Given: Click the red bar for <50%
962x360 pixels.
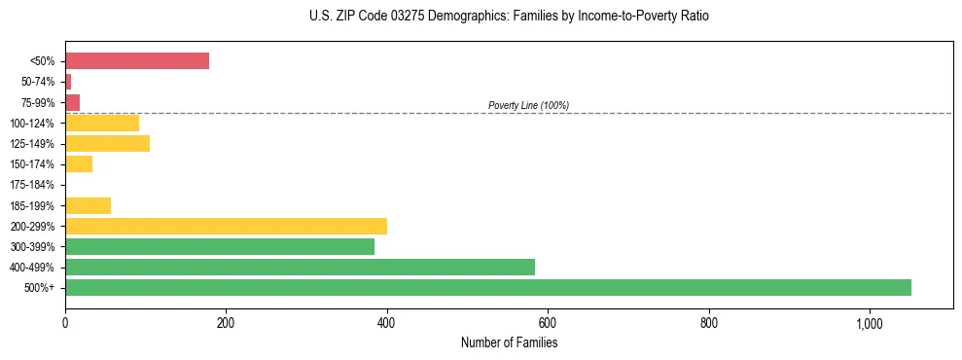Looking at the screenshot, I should point(137,61).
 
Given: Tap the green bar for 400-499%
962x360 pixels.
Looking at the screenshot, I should point(300,267).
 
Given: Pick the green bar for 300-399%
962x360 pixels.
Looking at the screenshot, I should point(220,246).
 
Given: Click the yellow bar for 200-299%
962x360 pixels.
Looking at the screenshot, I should point(226,226).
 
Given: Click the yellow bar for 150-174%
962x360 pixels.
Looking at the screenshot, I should point(79,164).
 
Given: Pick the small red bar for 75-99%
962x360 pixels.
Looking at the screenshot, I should point(73,102).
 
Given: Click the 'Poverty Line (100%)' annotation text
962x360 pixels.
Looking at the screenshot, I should point(528,105).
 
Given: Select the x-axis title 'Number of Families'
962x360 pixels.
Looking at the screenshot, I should point(509,342).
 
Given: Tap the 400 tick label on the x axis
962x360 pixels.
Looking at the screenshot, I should point(387,323).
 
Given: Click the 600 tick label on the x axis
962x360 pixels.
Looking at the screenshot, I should point(548,323).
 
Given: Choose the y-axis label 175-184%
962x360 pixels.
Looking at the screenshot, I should point(33,185).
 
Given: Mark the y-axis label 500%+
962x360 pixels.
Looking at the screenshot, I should point(40,288).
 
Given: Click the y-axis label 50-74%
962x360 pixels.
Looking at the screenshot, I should point(37,82).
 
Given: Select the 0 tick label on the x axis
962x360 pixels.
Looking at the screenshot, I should point(65,323).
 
